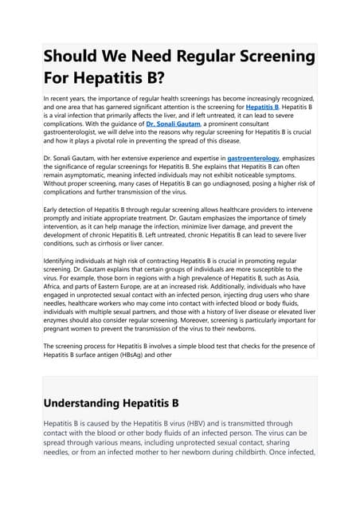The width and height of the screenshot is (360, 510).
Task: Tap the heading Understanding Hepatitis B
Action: tap(111, 402)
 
